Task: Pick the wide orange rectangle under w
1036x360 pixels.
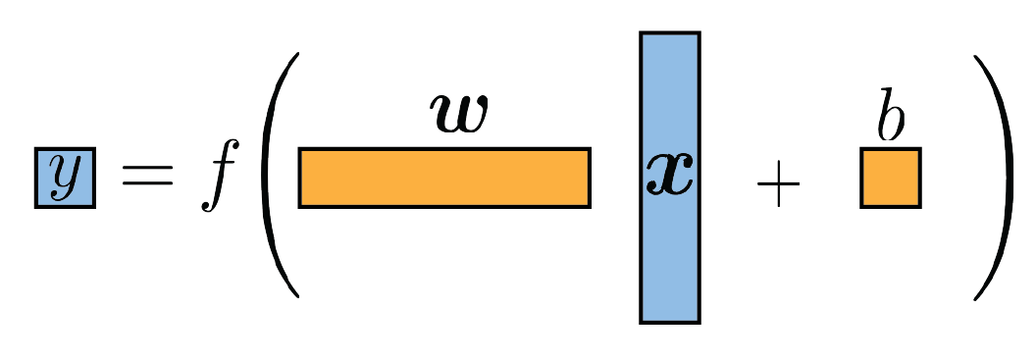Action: (x=443, y=178)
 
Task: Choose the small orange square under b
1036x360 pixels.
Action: (x=890, y=178)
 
